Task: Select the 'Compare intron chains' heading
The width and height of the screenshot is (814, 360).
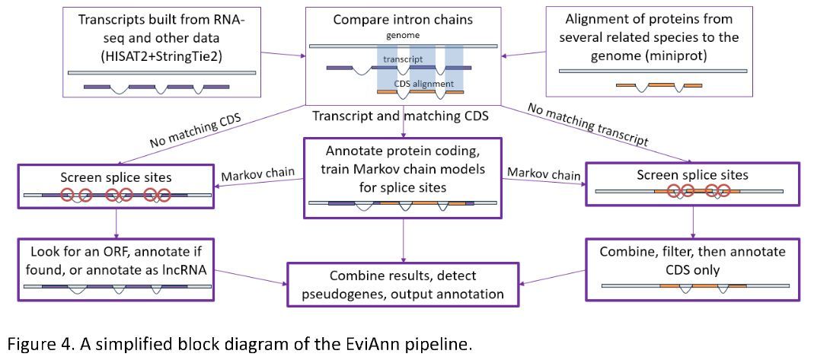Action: coord(403,18)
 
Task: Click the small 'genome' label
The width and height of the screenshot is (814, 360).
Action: coord(401,34)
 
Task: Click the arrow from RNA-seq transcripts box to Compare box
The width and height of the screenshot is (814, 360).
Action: coord(281,55)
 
